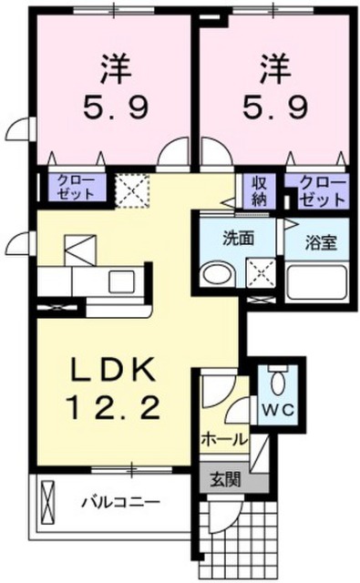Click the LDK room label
[x=113, y=370]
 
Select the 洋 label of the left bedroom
[x=117, y=68]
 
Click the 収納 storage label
[x=259, y=192]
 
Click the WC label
[x=278, y=410]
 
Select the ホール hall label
[x=224, y=440]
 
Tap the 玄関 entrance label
[x=226, y=480]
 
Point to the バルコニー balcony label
[x=121, y=503]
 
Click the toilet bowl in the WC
[x=278, y=383]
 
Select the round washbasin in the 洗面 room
[x=218, y=275]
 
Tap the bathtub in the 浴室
[x=317, y=282]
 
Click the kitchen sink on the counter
[x=121, y=281]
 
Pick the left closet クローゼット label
[x=76, y=188]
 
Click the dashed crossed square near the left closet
[x=131, y=190]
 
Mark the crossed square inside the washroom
[x=261, y=273]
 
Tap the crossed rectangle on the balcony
[x=48, y=503]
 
